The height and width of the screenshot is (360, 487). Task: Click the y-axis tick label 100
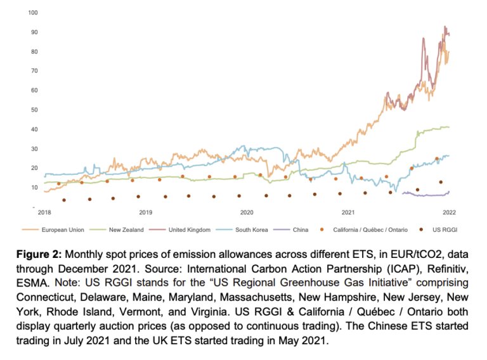pyautogui.click(x=32, y=13)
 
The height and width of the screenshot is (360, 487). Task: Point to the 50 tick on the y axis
pyautogui.click(x=34, y=110)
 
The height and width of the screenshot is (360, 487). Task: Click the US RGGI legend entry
pyautogui.click(x=439, y=229)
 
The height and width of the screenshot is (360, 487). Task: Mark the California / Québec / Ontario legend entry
pyautogui.click(x=370, y=229)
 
